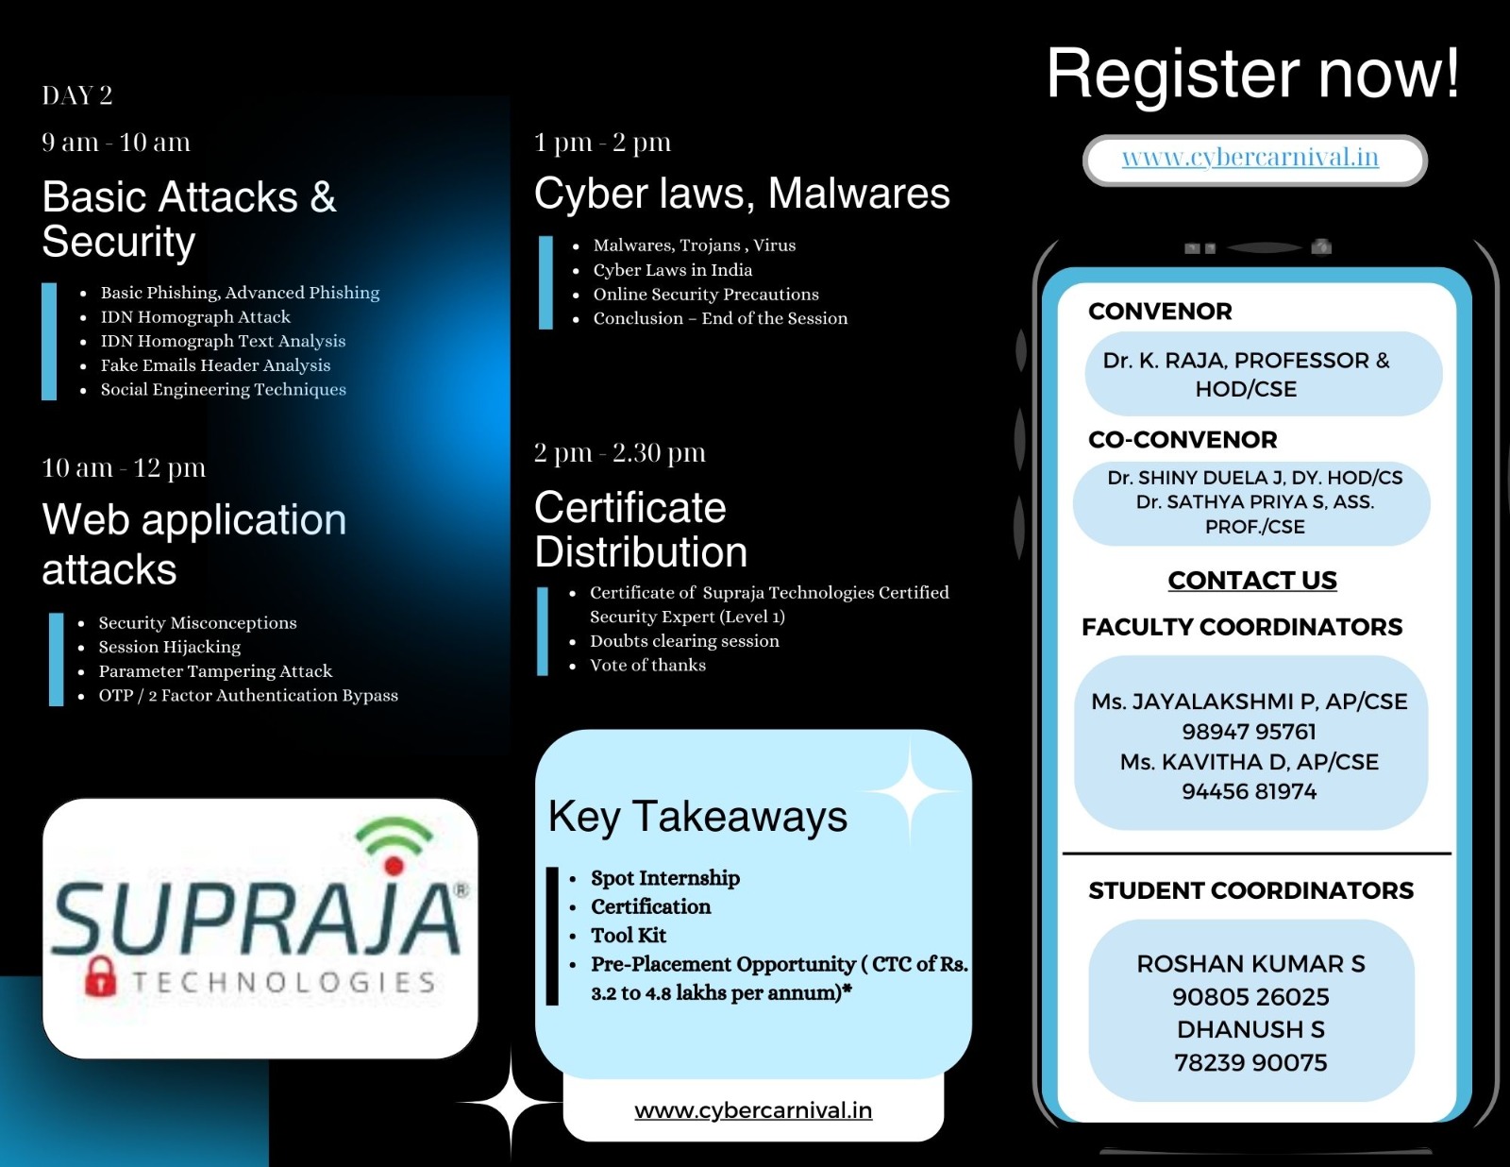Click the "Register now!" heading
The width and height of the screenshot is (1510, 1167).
1252,74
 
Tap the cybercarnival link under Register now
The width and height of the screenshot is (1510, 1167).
1250,158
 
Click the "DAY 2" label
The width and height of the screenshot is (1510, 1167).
77,95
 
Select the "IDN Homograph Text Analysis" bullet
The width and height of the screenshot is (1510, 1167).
223,341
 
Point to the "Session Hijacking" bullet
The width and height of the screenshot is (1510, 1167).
170,647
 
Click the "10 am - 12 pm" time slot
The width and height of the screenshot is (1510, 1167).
124,468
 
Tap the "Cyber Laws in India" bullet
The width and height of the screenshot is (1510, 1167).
672,270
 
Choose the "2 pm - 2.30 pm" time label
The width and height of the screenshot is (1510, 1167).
619,453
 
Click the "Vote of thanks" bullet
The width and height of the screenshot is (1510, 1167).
647,665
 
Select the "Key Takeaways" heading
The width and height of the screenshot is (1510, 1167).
697,817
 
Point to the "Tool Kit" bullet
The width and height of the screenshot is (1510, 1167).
629,935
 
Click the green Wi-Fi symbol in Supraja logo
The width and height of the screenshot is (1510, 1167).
394,836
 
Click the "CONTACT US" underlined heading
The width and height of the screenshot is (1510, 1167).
1252,581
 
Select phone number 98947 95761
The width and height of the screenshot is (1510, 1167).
1249,732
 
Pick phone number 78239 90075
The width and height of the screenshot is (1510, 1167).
1250,1062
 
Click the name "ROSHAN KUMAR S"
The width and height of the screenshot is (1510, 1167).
1250,964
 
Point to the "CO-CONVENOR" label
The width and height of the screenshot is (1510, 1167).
1183,440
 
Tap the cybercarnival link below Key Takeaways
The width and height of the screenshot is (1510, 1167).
753,1110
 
